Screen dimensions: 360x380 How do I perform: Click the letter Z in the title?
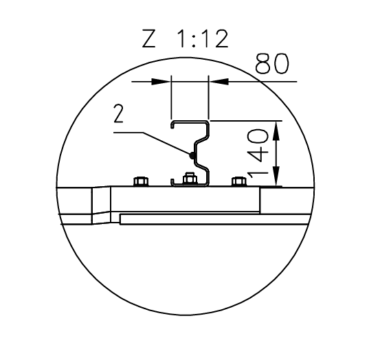point(149,40)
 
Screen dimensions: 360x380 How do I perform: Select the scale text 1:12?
point(201,40)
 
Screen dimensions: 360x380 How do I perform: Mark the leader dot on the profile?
point(191,155)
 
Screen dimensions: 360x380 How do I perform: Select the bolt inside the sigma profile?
point(190,180)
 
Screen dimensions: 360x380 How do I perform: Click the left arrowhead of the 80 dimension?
point(162,80)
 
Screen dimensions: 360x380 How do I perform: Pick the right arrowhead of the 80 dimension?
point(216,80)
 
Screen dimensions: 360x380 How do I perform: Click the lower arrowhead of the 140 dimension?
point(276,179)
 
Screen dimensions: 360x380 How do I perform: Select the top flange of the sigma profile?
point(190,122)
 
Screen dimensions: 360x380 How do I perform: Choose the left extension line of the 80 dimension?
point(170,100)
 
